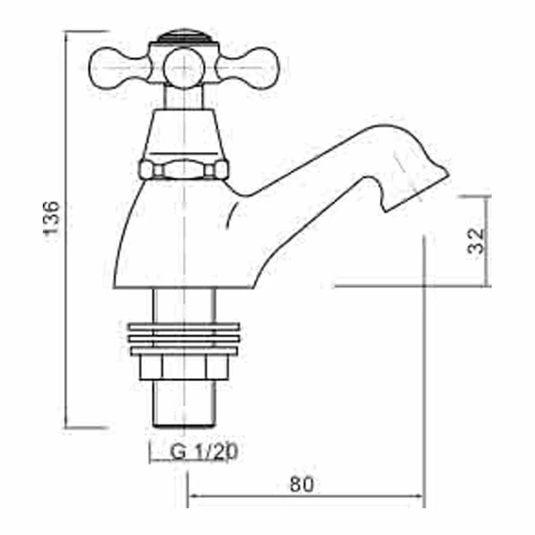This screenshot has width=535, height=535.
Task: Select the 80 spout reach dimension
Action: coord(302,485)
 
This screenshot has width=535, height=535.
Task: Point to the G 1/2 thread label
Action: coord(204,452)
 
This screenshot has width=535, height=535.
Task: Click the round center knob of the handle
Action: coord(184,68)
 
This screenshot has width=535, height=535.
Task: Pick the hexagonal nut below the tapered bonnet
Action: coord(184,170)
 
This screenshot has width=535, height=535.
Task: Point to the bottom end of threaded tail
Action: coord(184,423)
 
